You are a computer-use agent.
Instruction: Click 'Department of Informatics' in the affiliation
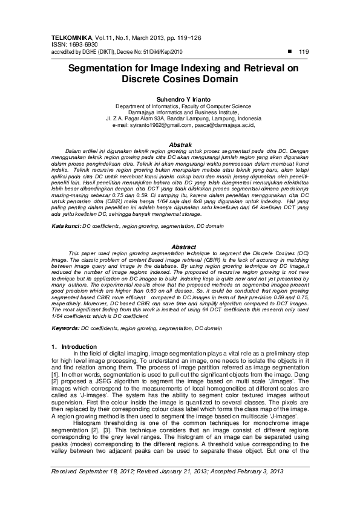click(142, 105)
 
